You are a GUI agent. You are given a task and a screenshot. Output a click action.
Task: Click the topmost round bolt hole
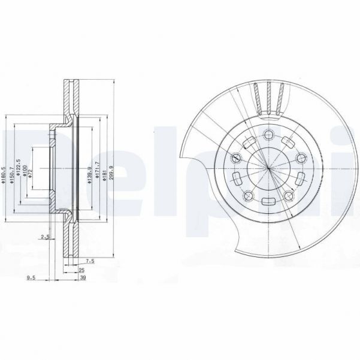click(x=268, y=133)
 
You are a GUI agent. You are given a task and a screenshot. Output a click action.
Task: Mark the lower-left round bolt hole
click(x=246, y=193)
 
